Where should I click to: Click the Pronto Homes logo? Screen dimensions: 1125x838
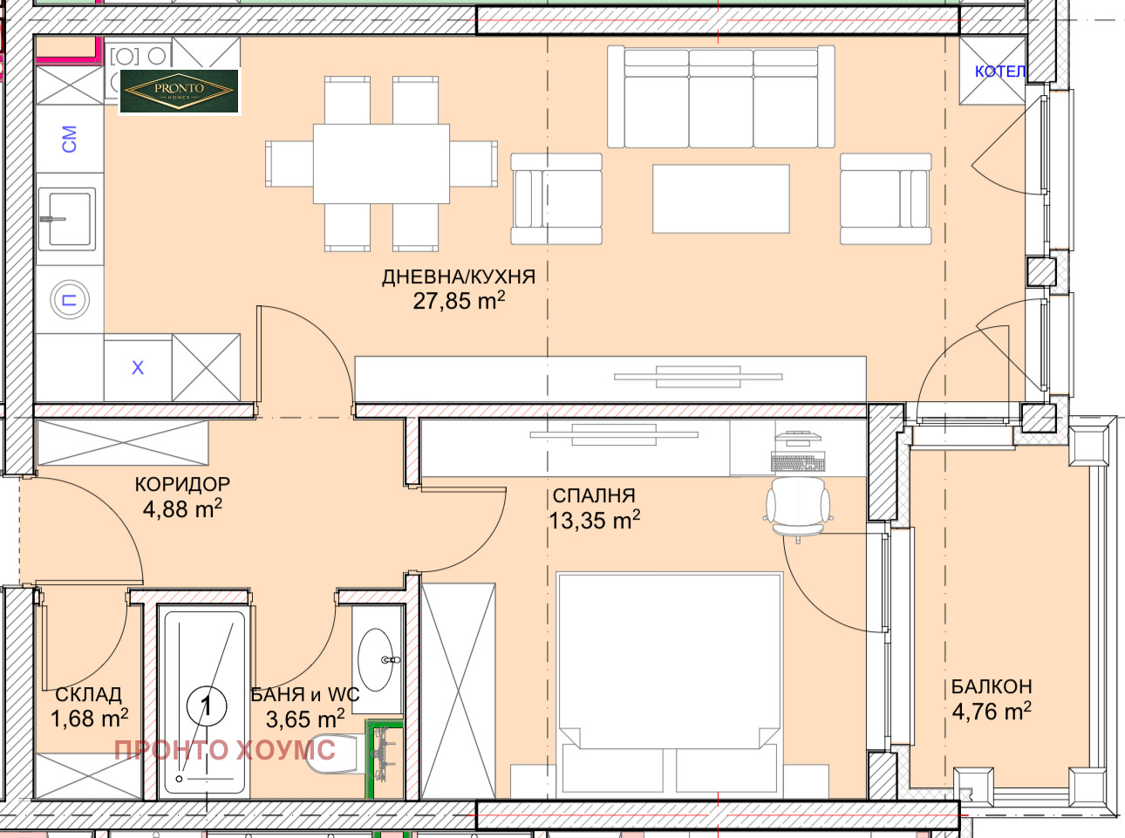click(179, 92)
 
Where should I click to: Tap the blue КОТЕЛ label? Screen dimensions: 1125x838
click(999, 72)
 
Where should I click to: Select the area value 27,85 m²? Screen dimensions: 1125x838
click(459, 302)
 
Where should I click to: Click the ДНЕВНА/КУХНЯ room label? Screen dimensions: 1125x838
click(459, 277)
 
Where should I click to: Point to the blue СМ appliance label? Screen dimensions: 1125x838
click(69, 139)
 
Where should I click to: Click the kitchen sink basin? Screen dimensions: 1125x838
click(67, 219)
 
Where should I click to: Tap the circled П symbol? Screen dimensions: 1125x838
click(70, 300)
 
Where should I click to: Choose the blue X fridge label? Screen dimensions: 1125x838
click(138, 368)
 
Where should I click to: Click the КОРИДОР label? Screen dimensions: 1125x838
click(182, 485)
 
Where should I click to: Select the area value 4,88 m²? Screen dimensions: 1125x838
click(182, 508)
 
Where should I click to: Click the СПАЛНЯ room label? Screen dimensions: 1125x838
click(593, 495)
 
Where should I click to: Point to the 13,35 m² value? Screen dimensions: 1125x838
click(594, 521)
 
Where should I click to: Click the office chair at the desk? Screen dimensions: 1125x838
click(798, 508)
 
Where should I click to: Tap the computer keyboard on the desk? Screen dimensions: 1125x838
click(797, 461)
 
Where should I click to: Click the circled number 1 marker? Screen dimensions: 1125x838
click(207, 705)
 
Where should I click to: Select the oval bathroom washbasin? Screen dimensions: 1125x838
click(375, 659)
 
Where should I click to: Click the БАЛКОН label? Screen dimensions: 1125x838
click(991, 687)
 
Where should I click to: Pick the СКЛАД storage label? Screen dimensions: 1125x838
click(89, 695)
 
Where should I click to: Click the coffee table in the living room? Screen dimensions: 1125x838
click(720, 199)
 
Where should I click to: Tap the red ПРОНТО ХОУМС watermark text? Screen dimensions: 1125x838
click(225, 750)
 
